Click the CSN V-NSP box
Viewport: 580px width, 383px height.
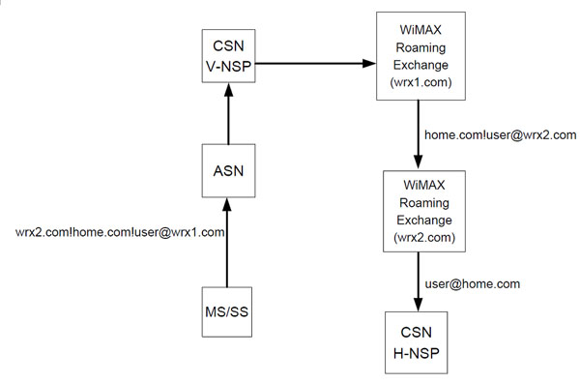(x=228, y=56)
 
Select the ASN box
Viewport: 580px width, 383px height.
(x=228, y=170)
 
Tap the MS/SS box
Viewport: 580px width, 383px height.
(x=227, y=312)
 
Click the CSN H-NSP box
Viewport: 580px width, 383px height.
(x=416, y=342)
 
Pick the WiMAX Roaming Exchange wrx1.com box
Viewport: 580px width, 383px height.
(x=420, y=56)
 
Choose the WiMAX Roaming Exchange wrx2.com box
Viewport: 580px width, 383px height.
(x=424, y=211)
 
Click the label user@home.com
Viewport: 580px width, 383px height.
(x=473, y=283)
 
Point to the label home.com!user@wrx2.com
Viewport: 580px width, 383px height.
(x=501, y=135)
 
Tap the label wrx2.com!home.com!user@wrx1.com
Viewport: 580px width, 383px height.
(x=120, y=232)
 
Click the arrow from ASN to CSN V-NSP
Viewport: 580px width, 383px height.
(x=228, y=113)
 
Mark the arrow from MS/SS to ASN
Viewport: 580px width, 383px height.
(x=227, y=242)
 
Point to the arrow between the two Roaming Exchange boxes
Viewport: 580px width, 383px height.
(x=419, y=134)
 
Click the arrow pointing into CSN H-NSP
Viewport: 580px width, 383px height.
(x=419, y=281)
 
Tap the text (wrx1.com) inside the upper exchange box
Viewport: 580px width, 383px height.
(x=420, y=82)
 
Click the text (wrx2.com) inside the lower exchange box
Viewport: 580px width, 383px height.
(x=424, y=237)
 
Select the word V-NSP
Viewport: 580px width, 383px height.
(x=228, y=66)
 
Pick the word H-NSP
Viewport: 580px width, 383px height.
(x=416, y=353)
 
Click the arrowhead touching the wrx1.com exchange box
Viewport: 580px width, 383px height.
(x=369, y=63)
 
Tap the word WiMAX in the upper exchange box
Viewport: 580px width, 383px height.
(x=420, y=30)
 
